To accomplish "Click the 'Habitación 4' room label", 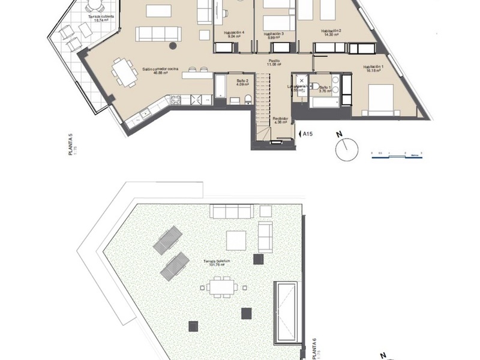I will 233,34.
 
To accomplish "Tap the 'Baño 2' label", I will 242,82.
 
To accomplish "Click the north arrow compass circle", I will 347,149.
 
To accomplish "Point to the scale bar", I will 396,154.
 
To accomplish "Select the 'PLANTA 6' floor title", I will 314,349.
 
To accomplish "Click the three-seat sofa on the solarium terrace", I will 232,211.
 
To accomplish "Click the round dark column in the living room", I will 173,45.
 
